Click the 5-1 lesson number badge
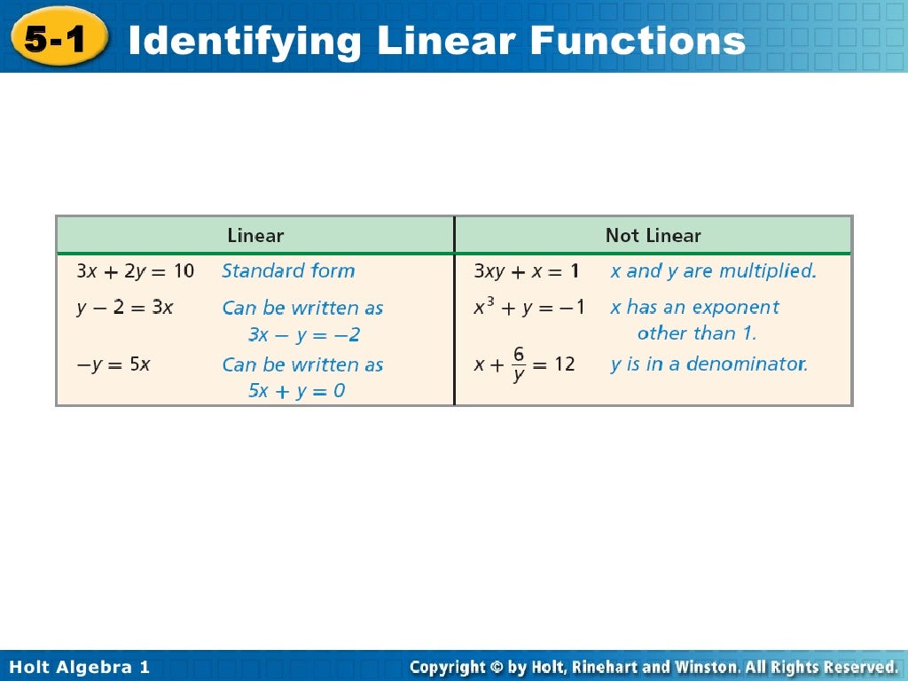59,38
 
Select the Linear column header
255,236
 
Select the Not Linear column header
653,236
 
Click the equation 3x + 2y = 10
135,271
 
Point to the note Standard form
288,271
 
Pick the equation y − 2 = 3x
124,309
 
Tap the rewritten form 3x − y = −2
304,335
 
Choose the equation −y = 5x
113,364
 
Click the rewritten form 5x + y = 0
296,390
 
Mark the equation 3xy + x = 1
526,271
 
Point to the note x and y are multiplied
713,271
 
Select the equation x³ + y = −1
529,308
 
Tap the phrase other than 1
697,334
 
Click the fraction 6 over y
518,364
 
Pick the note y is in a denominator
709,364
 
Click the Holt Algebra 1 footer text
80,667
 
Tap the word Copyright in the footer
448,667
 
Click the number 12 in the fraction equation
565,364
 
